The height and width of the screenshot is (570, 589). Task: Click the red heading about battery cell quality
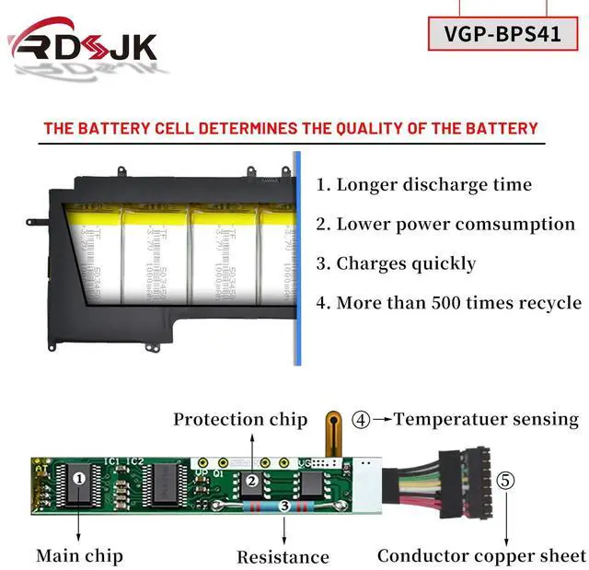point(291,128)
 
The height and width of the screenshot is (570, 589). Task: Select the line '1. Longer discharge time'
point(424,184)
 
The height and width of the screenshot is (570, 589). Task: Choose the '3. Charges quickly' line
point(397,263)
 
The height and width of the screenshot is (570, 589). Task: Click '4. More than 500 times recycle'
point(448,303)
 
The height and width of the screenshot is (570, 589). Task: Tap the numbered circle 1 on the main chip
point(80,478)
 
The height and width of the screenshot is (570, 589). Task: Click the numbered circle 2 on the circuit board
point(250,480)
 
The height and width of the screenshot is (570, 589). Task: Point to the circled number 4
point(361,420)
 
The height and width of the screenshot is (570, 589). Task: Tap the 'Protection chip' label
point(240,420)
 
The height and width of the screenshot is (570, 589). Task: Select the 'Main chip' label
point(79,555)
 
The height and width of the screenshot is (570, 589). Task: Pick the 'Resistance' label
point(283,557)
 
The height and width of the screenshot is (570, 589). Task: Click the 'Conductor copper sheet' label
point(481,555)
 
